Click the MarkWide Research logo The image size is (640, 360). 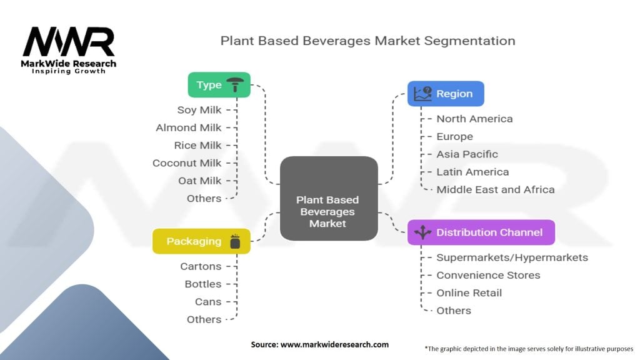click(x=69, y=49)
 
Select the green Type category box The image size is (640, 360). click(x=219, y=85)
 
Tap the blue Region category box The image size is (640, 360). click(x=446, y=94)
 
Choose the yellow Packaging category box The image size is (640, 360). click(x=201, y=241)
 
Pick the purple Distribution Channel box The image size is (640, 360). click(x=481, y=232)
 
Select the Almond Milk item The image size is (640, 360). click(x=189, y=127)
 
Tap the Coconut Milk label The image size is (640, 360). click(x=187, y=163)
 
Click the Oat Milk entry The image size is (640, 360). click(x=199, y=181)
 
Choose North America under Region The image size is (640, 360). click(x=474, y=119)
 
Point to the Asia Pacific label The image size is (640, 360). click(x=467, y=154)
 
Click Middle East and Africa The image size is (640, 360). click(x=495, y=189)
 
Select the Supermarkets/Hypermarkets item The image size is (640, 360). click(x=512, y=257)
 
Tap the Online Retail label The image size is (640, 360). click(x=469, y=292)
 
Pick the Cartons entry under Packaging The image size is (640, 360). click(x=201, y=266)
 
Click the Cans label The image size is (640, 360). click(x=207, y=301)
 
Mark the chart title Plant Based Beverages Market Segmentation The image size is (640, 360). click(x=367, y=41)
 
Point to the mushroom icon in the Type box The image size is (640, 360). click(x=235, y=84)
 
